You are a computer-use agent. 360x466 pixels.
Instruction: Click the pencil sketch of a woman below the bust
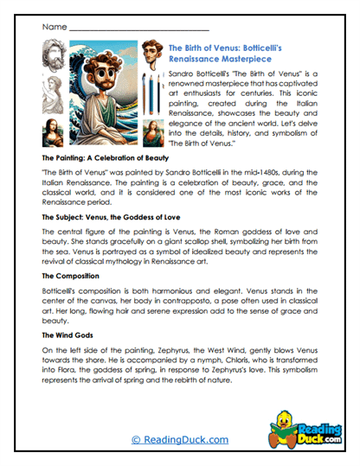53,93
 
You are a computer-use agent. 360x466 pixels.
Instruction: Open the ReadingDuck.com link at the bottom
179,440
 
